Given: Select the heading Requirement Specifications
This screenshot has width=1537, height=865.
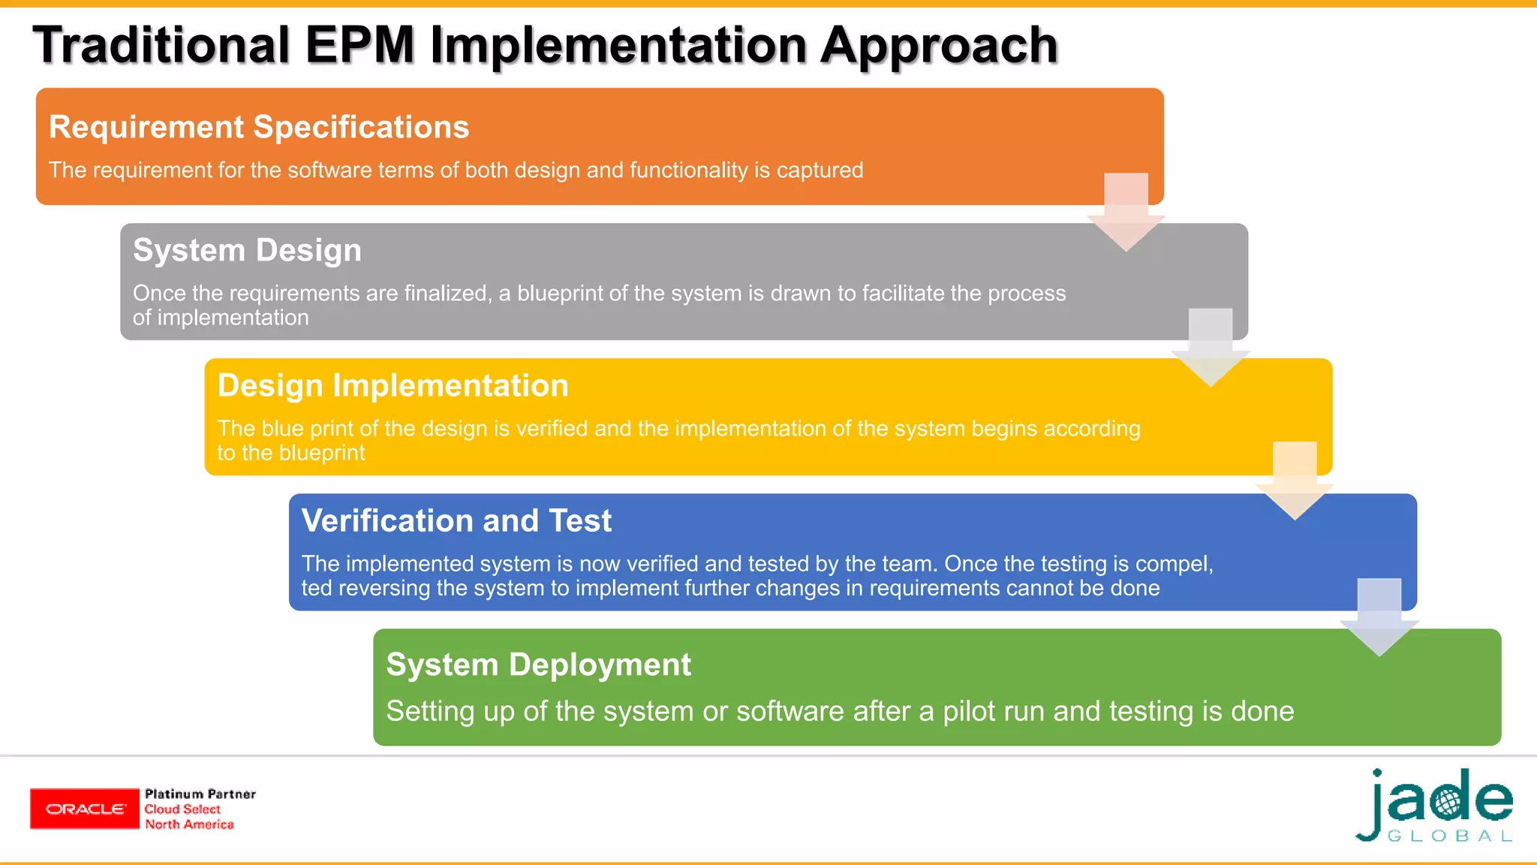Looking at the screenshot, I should click(x=259, y=127).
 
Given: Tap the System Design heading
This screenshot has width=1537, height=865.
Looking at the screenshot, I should click(x=247, y=250).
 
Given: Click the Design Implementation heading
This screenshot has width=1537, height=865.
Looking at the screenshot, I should click(x=393, y=385).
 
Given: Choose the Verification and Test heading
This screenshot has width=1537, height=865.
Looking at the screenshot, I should click(x=456, y=520).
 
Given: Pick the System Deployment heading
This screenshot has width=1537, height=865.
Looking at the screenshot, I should click(x=538, y=665).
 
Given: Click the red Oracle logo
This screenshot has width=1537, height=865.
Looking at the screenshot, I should click(x=85, y=809).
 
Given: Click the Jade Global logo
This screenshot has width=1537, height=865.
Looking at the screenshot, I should click(x=1435, y=806).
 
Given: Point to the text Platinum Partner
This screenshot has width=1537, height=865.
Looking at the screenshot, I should click(x=200, y=794).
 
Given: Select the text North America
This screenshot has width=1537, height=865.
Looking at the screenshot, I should click(x=189, y=824).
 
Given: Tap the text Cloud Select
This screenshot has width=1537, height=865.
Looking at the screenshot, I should click(x=182, y=809).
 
